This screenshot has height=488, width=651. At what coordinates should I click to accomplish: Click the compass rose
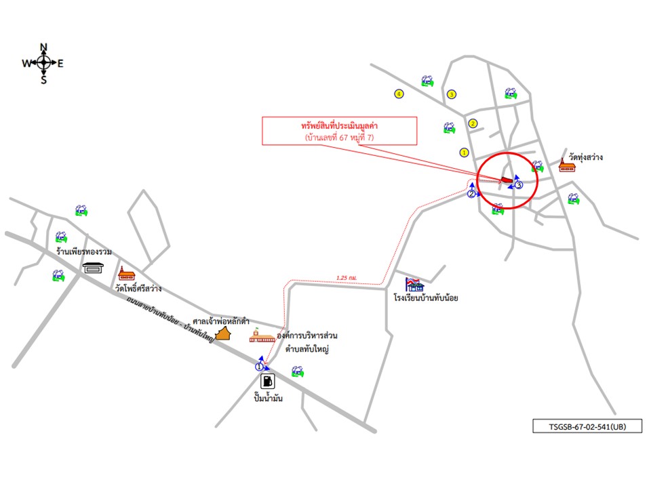tap(43, 63)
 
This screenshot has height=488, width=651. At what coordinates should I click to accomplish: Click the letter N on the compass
tap(43, 47)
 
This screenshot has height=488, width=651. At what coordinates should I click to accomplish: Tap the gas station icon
tap(268, 381)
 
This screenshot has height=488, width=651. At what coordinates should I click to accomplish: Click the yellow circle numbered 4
tap(399, 94)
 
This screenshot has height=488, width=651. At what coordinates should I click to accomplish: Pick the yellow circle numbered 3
tap(451, 94)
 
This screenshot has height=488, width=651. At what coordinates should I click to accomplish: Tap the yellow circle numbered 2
tap(473, 123)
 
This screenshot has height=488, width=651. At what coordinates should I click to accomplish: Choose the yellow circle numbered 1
tap(464, 152)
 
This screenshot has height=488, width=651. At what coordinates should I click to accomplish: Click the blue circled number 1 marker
tap(259, 366)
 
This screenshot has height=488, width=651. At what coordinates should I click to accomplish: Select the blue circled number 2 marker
tap(471, 194)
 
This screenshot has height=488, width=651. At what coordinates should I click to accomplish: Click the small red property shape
tap(507, 180)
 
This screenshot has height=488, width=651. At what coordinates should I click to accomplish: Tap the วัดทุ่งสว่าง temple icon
tap(567, 165)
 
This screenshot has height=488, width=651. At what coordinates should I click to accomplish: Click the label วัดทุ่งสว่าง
tap(586, 157)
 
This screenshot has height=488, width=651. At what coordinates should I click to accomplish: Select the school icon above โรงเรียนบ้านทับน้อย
tap(414, 285)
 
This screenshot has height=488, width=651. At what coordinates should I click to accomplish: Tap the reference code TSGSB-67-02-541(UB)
tap(587, 427)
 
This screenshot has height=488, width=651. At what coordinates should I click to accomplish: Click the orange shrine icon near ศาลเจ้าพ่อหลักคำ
tap(224, 333)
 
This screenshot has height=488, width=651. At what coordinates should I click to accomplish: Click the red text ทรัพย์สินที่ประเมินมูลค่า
tap(339, 126)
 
